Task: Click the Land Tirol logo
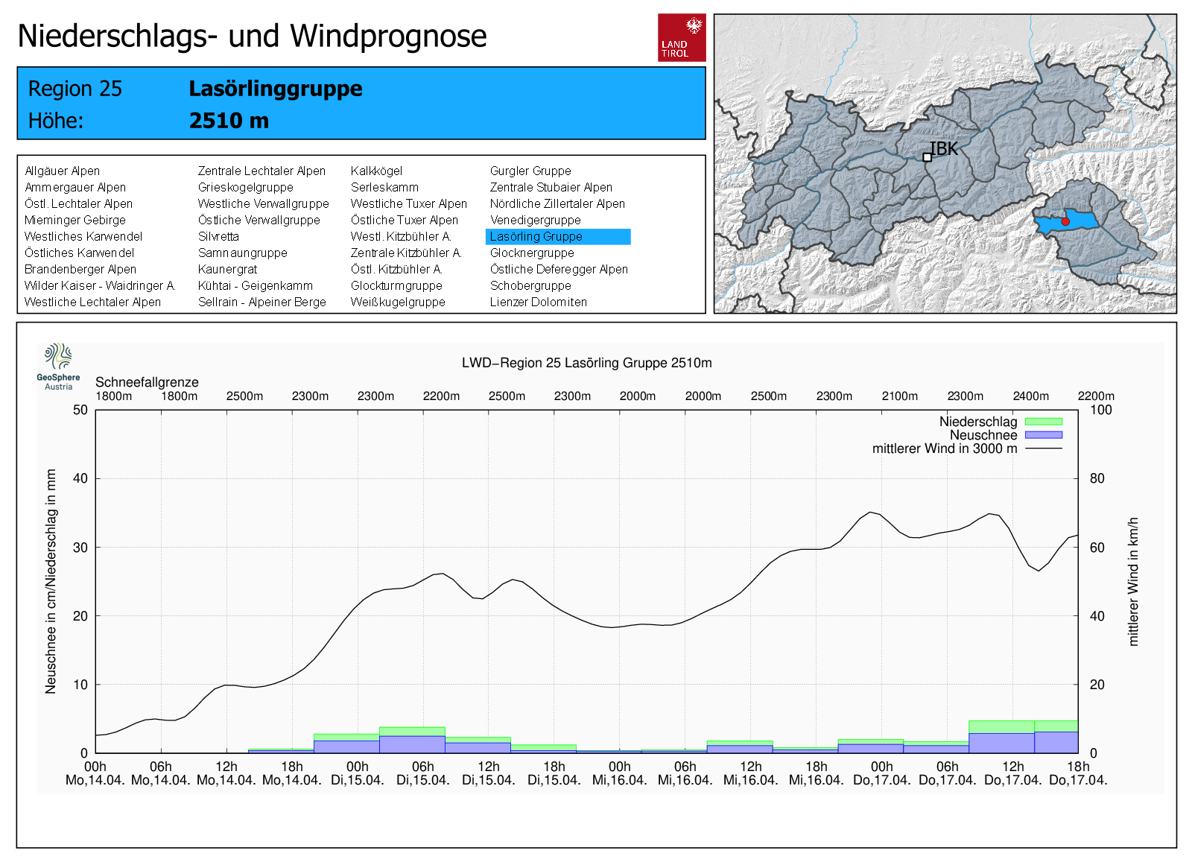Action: (681, 37)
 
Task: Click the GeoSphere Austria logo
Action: (58, 366)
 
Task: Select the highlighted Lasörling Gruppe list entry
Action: (557, 237)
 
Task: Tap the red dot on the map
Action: (1065, 222)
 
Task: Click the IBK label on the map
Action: (944, 149)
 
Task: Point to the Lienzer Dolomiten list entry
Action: (538, 302)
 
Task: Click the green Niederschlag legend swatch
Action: (1043, 422)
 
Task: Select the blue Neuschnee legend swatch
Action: (1043, 435)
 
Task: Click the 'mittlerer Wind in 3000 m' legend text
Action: (944, 448)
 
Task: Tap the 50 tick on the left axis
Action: (80, 410)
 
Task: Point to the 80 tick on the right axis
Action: (1097, 478)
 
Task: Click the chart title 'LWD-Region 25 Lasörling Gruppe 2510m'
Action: (586, 363)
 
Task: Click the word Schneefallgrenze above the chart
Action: (147, 382)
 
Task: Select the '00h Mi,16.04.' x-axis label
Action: (619, 773)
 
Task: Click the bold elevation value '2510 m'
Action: (229, 121)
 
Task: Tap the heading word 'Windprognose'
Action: (388, 36)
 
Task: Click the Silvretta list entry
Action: (218, 237)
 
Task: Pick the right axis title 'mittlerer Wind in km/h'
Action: (1133, 581)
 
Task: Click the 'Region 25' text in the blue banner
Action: (74, 89)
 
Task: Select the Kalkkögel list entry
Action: (376, 171)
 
